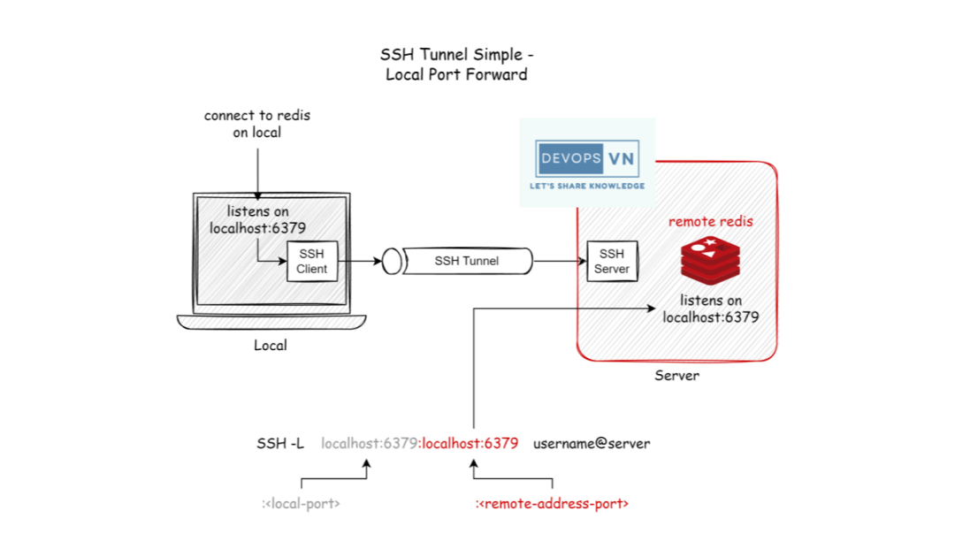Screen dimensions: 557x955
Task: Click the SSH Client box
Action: click(312, 262)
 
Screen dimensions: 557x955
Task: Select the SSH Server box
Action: click(611, 262)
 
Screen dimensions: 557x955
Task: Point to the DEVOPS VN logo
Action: click(587, 160)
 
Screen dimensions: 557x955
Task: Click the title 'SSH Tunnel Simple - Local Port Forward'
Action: click(456, 65)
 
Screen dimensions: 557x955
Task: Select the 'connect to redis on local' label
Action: click(257, 124)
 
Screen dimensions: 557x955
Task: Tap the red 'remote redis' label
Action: click(711, 221)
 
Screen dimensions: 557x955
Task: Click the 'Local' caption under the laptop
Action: click(270, 345)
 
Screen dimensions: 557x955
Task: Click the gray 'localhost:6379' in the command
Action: click(369, 443)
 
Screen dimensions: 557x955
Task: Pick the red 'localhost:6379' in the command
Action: click(470, 443)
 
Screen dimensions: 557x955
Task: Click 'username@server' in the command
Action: click(591, 443)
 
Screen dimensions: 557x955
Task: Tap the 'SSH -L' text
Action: click(280, 443)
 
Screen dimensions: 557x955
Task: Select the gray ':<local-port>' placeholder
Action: click(301, 504)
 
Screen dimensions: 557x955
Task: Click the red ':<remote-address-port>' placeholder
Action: click(552, 504)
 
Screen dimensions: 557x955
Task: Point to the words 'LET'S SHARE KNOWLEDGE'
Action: click(587, 187)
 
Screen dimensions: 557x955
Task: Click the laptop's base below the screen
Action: click(270, 323)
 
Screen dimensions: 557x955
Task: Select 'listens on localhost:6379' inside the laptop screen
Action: click(257, 219)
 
